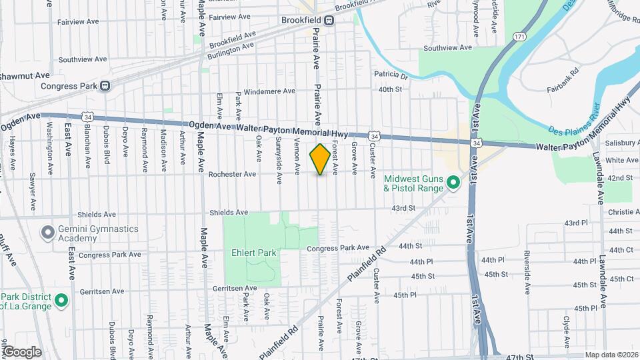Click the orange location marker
coord(320,159)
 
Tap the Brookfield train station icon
coord(329,20)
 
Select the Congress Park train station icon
coord(105,85)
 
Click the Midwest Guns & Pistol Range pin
coord(453,182)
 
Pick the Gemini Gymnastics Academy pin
coord(47,233)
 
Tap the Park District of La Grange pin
coord(61,301)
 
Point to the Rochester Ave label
coord(232,175)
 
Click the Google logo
coord(21,351)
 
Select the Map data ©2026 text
coord(611,355)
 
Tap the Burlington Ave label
coord(231,46)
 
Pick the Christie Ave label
coord(623,212)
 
